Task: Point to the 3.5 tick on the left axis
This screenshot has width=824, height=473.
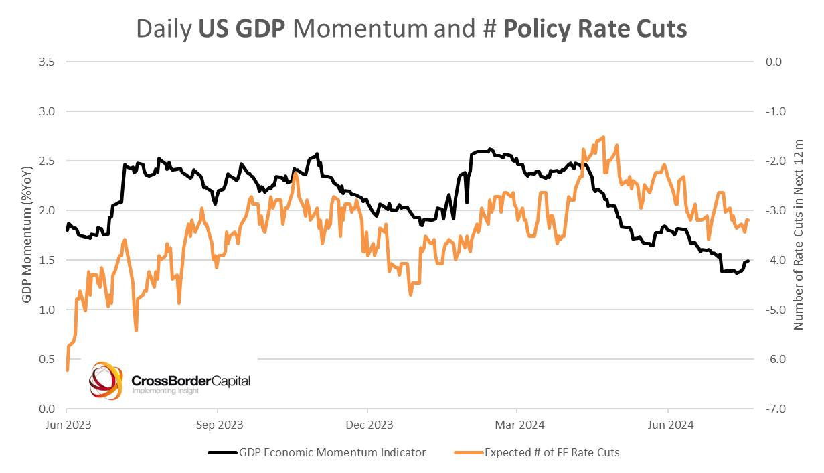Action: click(x=46, y=62)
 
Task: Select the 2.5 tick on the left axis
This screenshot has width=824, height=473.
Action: click(x=46, y=161)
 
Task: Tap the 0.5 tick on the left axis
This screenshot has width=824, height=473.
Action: click(x=46, y=359)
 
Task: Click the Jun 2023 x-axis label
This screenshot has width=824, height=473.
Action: click(x=67, y=424)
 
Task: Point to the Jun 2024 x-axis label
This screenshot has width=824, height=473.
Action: click(x=668, y=424)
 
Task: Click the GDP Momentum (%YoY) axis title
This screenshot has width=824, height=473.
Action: click(x=27, y=235)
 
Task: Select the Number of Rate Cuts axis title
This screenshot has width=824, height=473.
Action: click(x=798, y=235)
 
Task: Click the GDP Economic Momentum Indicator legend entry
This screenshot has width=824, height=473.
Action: click(x=332, y=452)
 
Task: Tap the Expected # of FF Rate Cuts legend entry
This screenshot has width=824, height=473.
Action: click(x=552, y=452)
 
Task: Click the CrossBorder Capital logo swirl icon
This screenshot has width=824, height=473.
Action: click(x=106, y=381)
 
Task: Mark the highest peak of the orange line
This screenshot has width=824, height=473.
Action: click(x=604, y=137)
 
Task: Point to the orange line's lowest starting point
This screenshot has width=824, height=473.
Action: click(x=67, y=369)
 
